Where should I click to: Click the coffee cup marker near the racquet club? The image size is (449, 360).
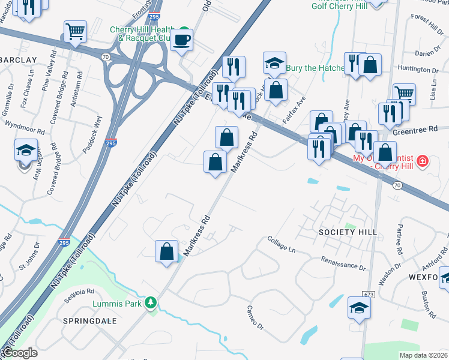[181, 40]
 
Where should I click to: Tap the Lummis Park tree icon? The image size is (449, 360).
[153, 302]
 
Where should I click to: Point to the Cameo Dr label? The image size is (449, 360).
[255, 317]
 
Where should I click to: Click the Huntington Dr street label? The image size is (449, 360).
[418, 70]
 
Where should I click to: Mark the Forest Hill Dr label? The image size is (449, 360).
[427, 25]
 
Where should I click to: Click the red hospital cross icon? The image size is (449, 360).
[422, 161]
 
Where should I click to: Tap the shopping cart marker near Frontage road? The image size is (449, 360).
[75, 31]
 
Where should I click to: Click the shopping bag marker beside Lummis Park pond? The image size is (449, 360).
[167, 251]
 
